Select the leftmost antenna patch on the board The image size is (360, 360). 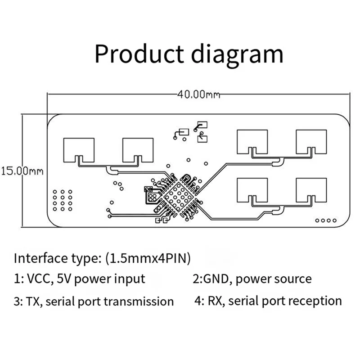click(79, 149)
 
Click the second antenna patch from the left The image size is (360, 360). click(138, 149)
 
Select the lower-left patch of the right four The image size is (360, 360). click(252, 190)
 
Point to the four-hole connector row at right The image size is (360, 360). click(326, 220)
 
